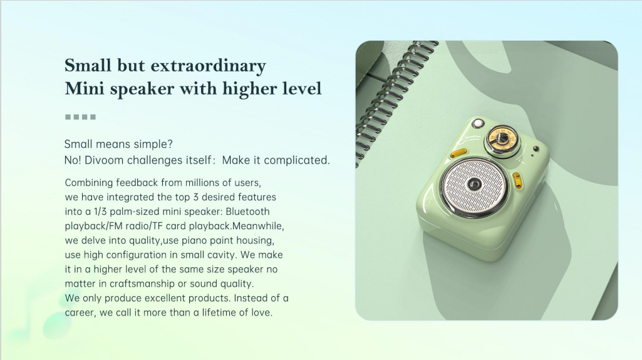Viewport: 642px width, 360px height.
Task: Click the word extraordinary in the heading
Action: point(209,66)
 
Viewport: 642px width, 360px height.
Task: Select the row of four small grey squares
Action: point(81,117)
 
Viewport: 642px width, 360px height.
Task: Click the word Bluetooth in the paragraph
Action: point(247,212)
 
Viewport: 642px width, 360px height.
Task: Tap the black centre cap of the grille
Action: point(475,185)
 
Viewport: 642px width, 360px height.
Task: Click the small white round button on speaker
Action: point(477,123)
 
